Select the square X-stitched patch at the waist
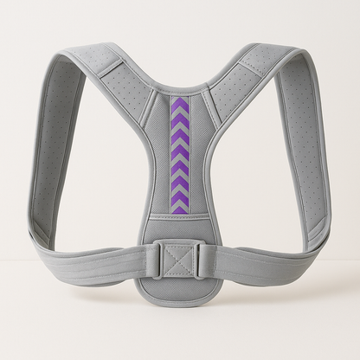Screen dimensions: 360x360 click(180, 258)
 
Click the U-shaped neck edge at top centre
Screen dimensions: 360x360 click(179, 87)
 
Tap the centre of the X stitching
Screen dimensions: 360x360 click(180, 258)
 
